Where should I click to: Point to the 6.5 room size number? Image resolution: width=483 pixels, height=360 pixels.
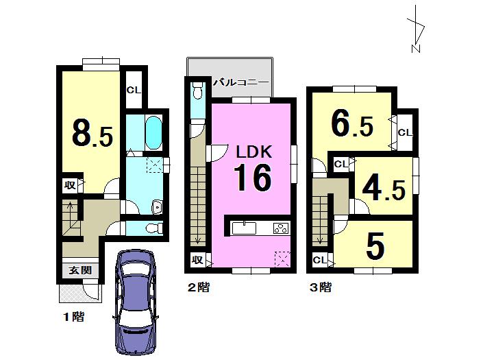(351, 124)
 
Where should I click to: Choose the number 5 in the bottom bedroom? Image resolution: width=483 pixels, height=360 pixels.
(374, 248)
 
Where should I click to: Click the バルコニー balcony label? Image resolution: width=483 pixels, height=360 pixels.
(240, 81)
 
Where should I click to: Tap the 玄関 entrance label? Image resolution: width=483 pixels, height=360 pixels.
(79, 270)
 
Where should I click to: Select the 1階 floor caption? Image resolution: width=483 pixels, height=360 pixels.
(73, 317)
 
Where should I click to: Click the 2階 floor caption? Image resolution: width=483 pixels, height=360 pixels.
(198, 288)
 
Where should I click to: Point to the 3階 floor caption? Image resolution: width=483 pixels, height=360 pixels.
(319, 288)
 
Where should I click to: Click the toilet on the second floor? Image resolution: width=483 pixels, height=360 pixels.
(197, 89)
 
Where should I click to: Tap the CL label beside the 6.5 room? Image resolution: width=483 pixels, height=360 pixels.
(404, 132)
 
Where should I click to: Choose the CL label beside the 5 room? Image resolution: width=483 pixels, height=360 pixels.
(319, 260)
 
